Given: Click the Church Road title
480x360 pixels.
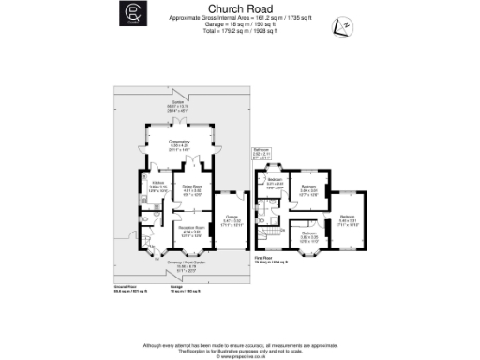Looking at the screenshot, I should tap(239, 7).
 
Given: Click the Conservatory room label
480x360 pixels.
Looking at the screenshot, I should tap(178, 143).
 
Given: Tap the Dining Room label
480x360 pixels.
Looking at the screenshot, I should tap(191, 190).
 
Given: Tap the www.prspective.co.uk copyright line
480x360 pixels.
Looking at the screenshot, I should tap(239, 356).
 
